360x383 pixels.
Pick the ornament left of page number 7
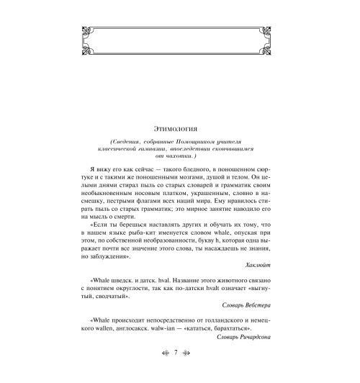(x=159, y=374)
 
